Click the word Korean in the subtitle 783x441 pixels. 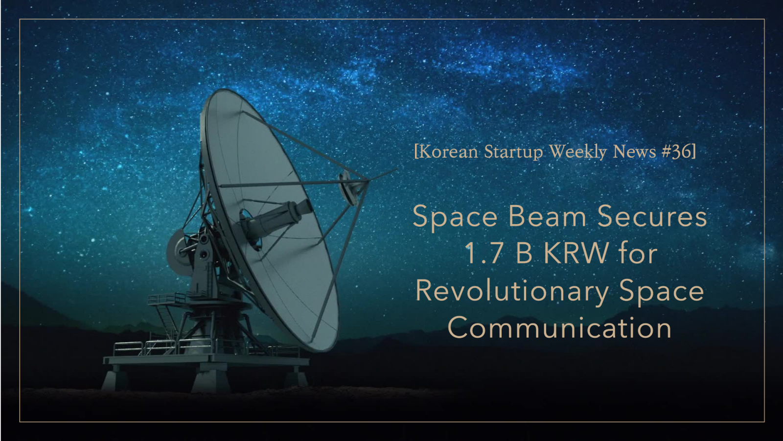(448, 152)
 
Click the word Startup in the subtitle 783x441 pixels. (513, 152)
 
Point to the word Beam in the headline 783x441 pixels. (547, 217)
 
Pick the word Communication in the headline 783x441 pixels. (559, 328)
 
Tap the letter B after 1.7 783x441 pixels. (524, 254)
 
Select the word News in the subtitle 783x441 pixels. (634, 152)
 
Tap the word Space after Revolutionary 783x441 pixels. (661, 292)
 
